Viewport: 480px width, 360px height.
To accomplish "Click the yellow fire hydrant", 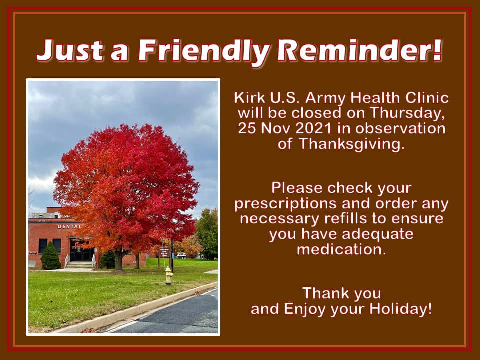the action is (169, 275).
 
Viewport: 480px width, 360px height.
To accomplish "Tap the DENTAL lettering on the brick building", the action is (69, 226).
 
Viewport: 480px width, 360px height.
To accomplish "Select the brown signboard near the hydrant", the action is (164, 252).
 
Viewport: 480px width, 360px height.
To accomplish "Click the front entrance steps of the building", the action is (79, 265).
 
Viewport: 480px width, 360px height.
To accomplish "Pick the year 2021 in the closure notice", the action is (314, 128).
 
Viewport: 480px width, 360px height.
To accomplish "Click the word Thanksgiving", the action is (351, 144).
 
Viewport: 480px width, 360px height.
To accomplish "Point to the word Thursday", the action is (407, 113).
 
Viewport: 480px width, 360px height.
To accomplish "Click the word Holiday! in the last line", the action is (400, 309).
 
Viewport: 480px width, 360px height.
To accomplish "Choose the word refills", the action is (345, 218).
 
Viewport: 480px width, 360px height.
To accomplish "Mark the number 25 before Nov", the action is (247, 128).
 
